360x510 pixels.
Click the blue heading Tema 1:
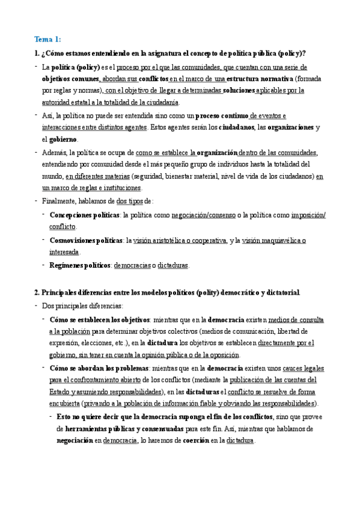point(48,40)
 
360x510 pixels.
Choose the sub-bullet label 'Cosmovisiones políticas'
point(86,241)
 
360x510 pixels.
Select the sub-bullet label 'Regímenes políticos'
point(80,265)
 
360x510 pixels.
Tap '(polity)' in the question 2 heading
point(210,293)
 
